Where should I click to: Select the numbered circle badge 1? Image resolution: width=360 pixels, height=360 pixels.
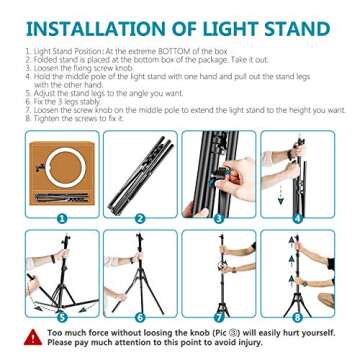pos(61,215)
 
